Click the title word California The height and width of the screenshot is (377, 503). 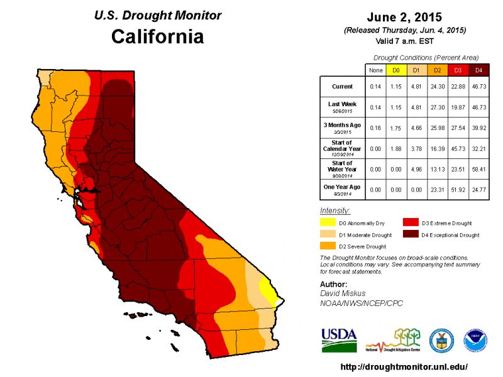pos(157,36)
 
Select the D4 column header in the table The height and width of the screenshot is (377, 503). pos(478,70)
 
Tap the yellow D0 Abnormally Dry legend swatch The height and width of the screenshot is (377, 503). pos(328,222)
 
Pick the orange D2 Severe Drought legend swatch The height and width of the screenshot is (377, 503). pos(328,246)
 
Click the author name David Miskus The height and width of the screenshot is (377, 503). pos(342,293)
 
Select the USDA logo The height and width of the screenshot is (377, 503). pos(339,339)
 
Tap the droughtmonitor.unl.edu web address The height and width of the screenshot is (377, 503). pos(404,366)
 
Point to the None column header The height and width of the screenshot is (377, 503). pos(375,70)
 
